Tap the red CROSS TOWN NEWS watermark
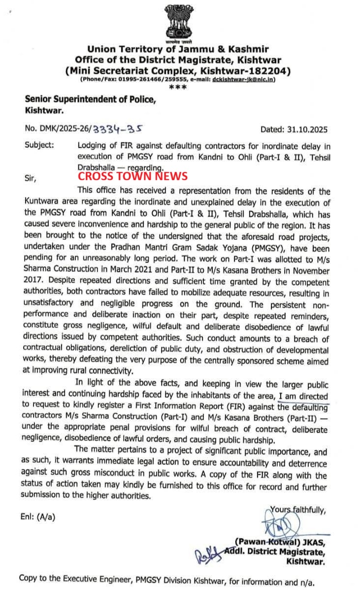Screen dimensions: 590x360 [x=132, y=176]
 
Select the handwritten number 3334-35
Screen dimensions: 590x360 [x=118, y=129]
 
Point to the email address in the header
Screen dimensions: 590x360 [x=236, y=79]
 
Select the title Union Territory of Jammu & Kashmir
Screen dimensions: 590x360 [x=178, y=49]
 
